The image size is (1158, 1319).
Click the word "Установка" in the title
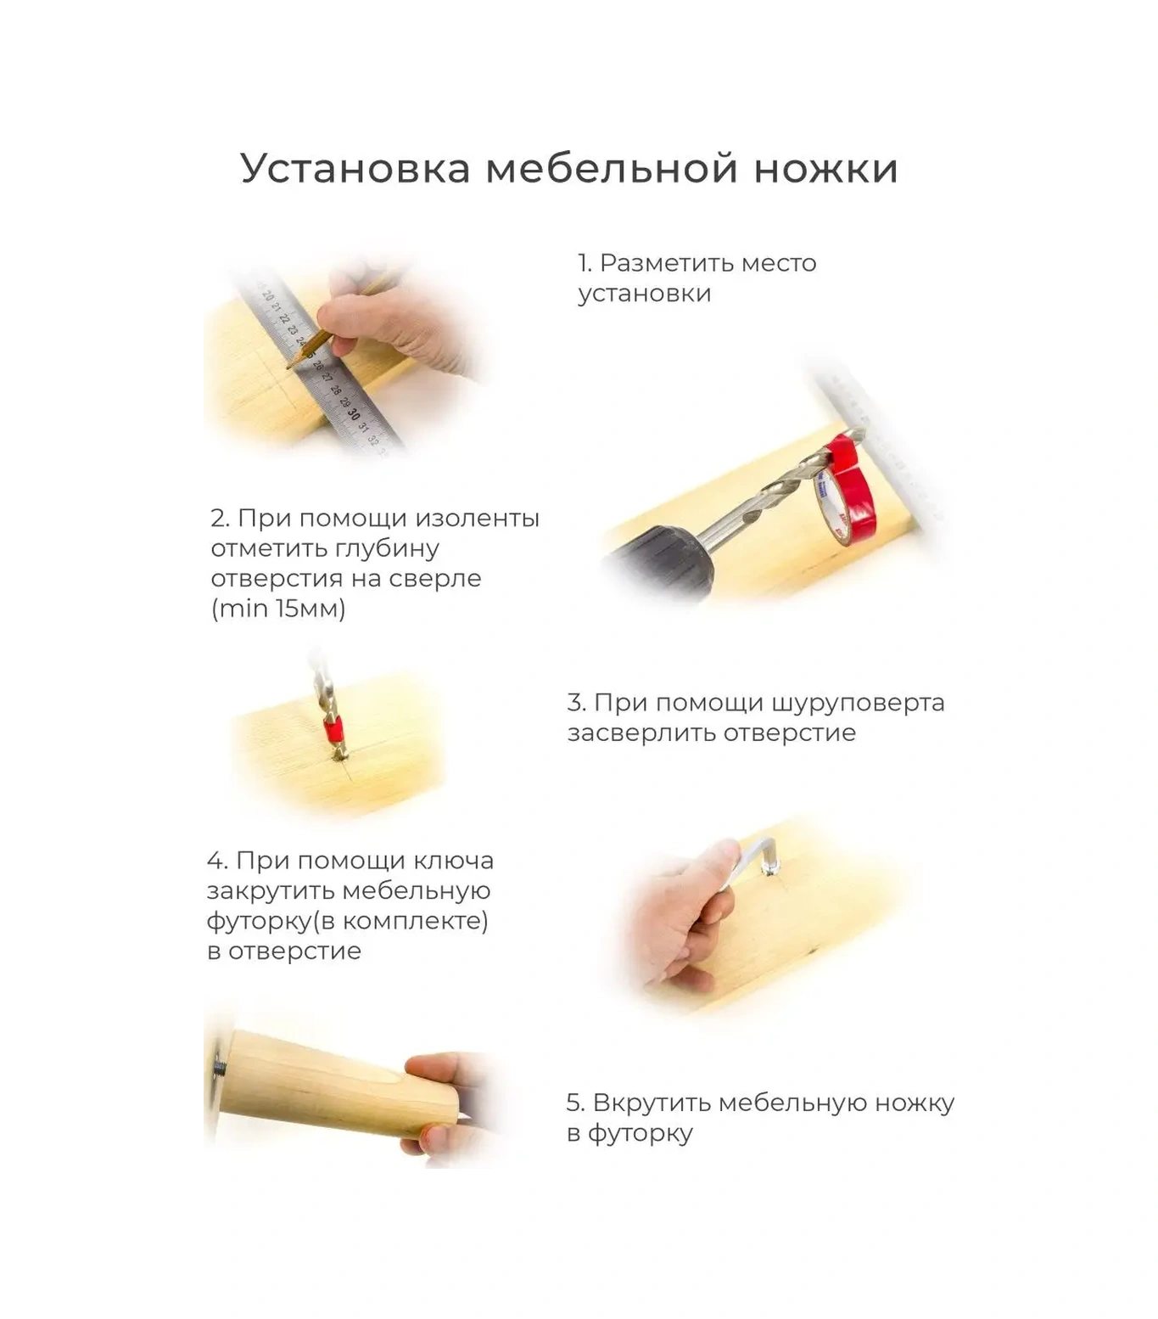(355, 168)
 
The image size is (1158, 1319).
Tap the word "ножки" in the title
(825, 168)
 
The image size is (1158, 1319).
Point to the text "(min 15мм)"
(278, 609)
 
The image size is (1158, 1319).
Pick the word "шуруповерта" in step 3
(859, 704)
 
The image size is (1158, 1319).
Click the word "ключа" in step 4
(453, 861)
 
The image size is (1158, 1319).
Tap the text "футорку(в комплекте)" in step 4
(348, 921)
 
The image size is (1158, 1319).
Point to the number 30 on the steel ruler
(353, 413)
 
